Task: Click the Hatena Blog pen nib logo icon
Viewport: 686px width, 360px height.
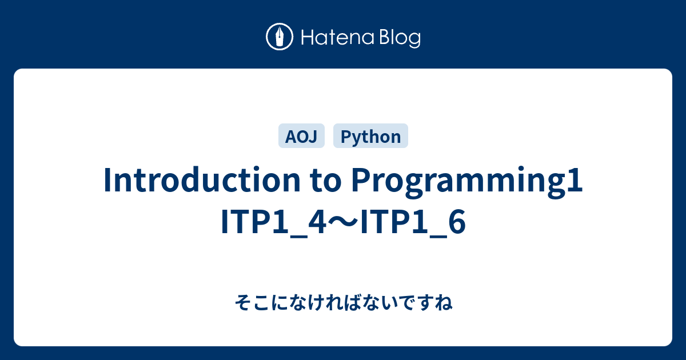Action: (280, 38)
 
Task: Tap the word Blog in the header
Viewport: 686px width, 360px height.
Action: (400, 38)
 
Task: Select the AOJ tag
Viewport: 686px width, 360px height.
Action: (301, 137)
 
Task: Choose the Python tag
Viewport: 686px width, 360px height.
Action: (370, 137)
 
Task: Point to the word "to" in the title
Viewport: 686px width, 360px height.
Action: (326, 181)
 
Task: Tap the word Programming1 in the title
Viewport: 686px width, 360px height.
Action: (466, 181)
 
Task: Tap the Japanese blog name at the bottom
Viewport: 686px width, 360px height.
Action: (343, 302)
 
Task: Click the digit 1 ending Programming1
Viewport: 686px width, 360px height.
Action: (576, 181)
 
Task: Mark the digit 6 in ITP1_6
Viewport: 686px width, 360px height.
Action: (456, 223)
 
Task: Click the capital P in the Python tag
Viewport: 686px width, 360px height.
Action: (344, 137)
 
